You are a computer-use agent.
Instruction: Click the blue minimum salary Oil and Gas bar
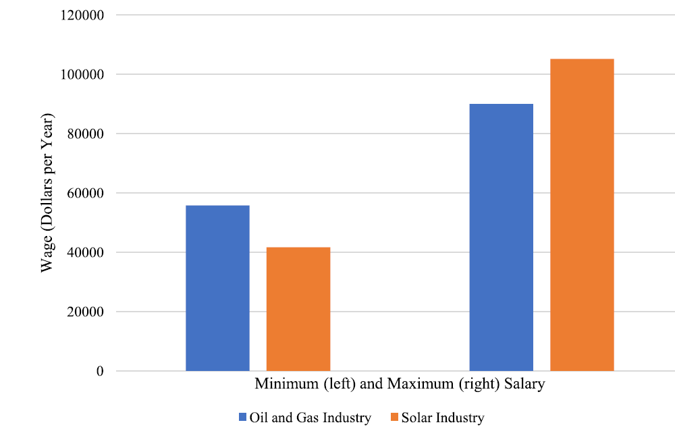(x=217, y=288)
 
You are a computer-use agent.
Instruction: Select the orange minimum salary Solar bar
(x=298, y=309)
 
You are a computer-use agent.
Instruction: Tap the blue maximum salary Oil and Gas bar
(x=501, y=237)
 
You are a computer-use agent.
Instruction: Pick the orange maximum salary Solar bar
(x=582, y=214)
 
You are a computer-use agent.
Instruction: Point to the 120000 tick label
(x=82, y=15)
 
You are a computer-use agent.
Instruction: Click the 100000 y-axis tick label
(x=82, y=74)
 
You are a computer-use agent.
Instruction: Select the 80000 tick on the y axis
(x=86, y=134)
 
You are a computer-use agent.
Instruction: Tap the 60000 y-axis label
(x=86, y=193)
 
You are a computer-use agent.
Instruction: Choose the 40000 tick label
(x=86, y=252)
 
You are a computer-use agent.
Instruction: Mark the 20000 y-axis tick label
(x=86, y=312)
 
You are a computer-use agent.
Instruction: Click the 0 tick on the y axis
(x=100, y=371)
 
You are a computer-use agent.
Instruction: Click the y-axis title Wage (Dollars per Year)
(x=47, y=193)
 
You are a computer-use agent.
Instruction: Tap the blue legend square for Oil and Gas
(x=243, y=418)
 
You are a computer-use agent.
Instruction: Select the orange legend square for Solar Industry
(x=394, y=418)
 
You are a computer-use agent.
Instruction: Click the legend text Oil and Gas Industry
(x=310, y=418)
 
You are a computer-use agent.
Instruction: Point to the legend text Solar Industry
(x=443, y=418)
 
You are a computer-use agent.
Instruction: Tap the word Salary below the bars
(x=524, y=384)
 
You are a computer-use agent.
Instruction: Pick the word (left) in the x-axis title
(x=340, y=384)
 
